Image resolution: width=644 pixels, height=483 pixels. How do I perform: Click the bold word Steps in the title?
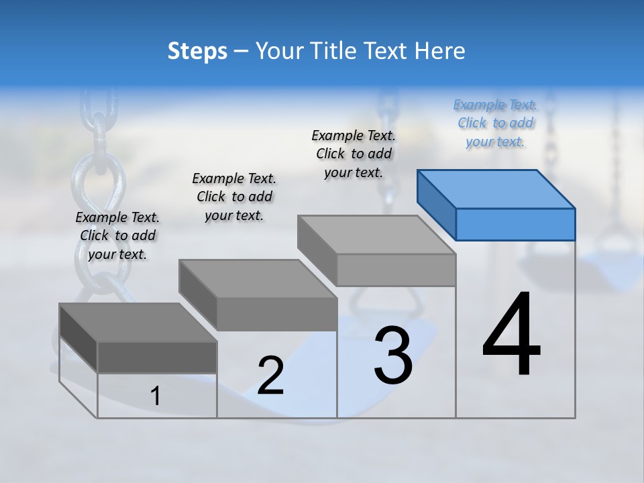point(197,52)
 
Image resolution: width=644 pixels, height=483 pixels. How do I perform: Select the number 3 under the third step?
point(393,356)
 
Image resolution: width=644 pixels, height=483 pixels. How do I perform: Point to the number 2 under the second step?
point(270,376)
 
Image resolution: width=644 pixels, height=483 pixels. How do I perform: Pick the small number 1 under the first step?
point(155,396)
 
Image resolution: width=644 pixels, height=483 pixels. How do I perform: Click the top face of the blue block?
point(496,189)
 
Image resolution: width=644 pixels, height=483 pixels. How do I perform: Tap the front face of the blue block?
point(515,224)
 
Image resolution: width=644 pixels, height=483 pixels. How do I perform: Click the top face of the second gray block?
point(258,278)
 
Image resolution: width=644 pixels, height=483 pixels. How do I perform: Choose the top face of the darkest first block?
point(138,323)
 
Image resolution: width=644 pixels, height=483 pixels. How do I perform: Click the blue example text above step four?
point(495,123)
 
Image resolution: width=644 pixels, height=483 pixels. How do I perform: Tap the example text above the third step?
point(354,154)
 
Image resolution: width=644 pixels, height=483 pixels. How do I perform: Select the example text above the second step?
point(234,197)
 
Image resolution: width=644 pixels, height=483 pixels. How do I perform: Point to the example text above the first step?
point(117,235)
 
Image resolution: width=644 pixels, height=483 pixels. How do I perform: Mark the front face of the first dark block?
point(157,358)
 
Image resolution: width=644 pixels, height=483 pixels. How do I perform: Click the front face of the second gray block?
point(276,314)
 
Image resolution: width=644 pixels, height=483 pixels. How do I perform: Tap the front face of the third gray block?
point(396,270)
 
